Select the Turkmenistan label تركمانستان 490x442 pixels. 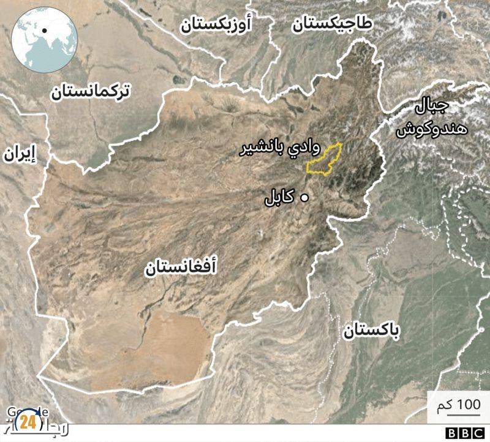coord(90,92)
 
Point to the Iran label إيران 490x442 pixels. coord(19,154)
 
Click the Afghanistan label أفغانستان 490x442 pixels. coord(181,268)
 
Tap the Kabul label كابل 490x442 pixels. coord(279,198)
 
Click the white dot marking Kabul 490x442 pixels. coord(303,198)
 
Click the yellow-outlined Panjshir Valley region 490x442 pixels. coord(325,160)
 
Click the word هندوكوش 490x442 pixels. coord(431,130)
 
